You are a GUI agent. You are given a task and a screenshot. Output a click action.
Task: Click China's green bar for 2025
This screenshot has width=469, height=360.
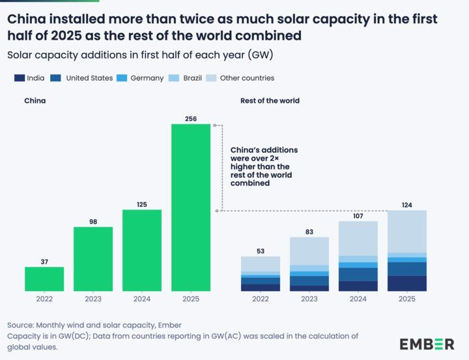click(190, 207)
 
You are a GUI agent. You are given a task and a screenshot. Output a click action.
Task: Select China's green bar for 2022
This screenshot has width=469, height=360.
click(44, 279)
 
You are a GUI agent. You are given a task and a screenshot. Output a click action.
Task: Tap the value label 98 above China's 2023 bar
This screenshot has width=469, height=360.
click(93, 221)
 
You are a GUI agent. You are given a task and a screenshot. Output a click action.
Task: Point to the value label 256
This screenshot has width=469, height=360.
click(190, 118)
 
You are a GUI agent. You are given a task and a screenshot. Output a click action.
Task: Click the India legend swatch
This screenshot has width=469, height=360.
click(19, 78)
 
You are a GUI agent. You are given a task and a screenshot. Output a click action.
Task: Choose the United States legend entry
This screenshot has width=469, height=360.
click(83, 78)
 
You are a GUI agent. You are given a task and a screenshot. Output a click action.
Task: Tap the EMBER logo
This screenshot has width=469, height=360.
click(427, 344)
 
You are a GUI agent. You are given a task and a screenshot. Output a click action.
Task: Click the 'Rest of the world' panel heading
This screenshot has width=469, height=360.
click(270, 101)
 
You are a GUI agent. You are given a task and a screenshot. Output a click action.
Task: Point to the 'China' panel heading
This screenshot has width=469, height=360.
click(35, 101)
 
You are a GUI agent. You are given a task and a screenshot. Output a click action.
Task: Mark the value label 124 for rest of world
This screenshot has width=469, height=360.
click(406, 205)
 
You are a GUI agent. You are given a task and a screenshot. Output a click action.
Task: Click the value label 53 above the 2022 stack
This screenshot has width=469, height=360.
click(261, 251)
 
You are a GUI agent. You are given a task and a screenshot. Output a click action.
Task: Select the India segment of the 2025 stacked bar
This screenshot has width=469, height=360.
click(406, 283)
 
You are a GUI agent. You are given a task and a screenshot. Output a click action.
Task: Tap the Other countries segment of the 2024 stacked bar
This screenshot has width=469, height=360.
click(358, 238)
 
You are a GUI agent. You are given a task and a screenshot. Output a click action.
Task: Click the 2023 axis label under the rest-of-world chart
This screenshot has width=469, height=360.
click(309, 299)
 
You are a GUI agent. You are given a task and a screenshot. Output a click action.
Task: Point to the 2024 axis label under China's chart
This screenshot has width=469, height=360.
click(141, 299)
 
